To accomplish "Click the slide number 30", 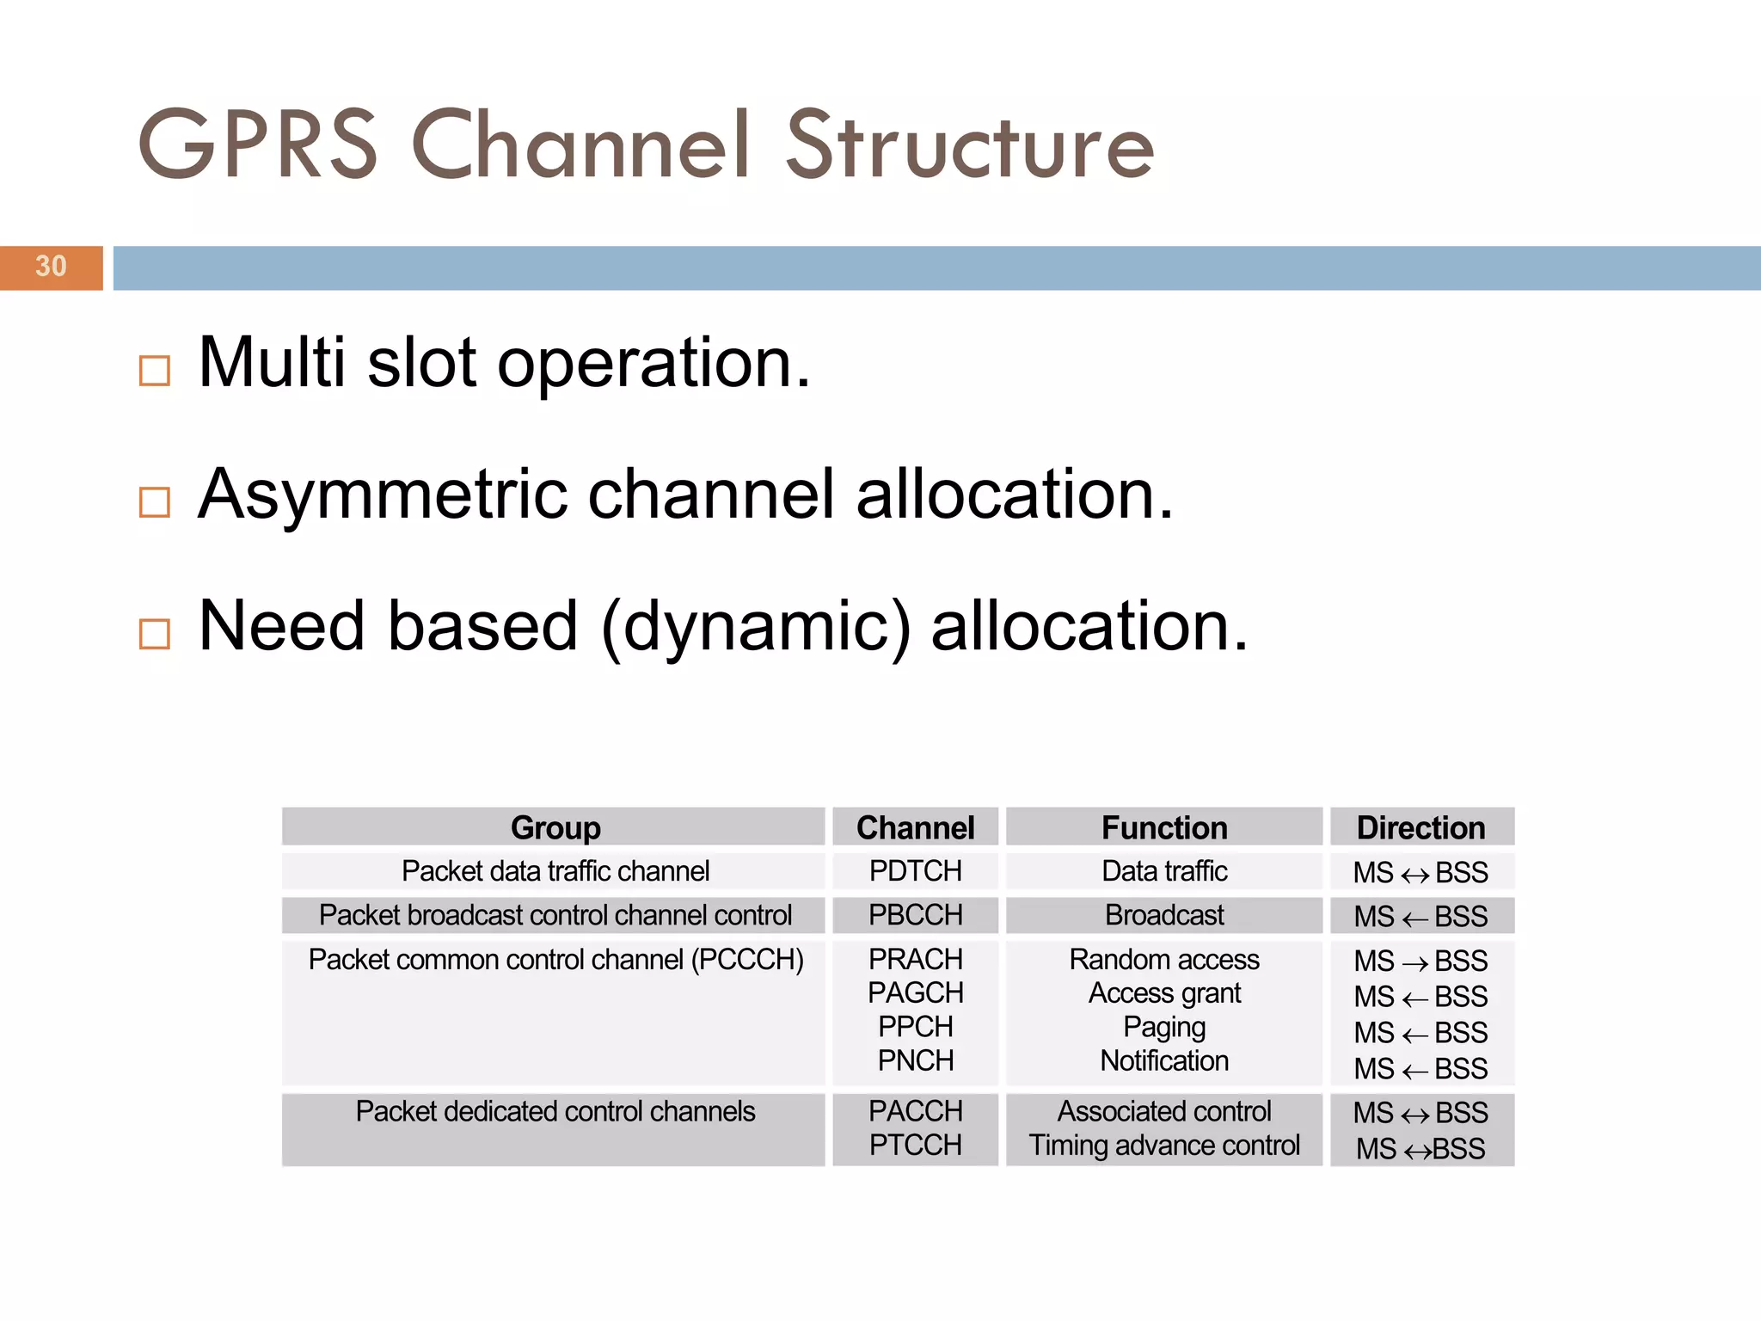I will tap(51, 267).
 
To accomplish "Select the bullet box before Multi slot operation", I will tap(155, 371).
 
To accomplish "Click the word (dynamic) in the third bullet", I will tap(755, 628).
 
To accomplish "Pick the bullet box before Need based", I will tap(155, 634).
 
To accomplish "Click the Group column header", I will tap(555, 827).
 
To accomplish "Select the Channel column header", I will tap(915, 827).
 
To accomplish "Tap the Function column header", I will tap(1164, 827).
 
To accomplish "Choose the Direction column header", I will tap(1420, 827).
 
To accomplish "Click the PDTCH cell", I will tap(915, 871).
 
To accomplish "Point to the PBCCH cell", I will tap(915, 915).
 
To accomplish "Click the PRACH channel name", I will tap(915, 959).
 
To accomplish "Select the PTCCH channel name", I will tap(915, 1146).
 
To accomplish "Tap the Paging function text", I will tap(1164, 1027).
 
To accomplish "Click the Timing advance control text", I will tap(1164, 1146).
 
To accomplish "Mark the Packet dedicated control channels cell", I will tap(555, 1112).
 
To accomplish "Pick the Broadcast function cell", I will tap(1164, 915).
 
